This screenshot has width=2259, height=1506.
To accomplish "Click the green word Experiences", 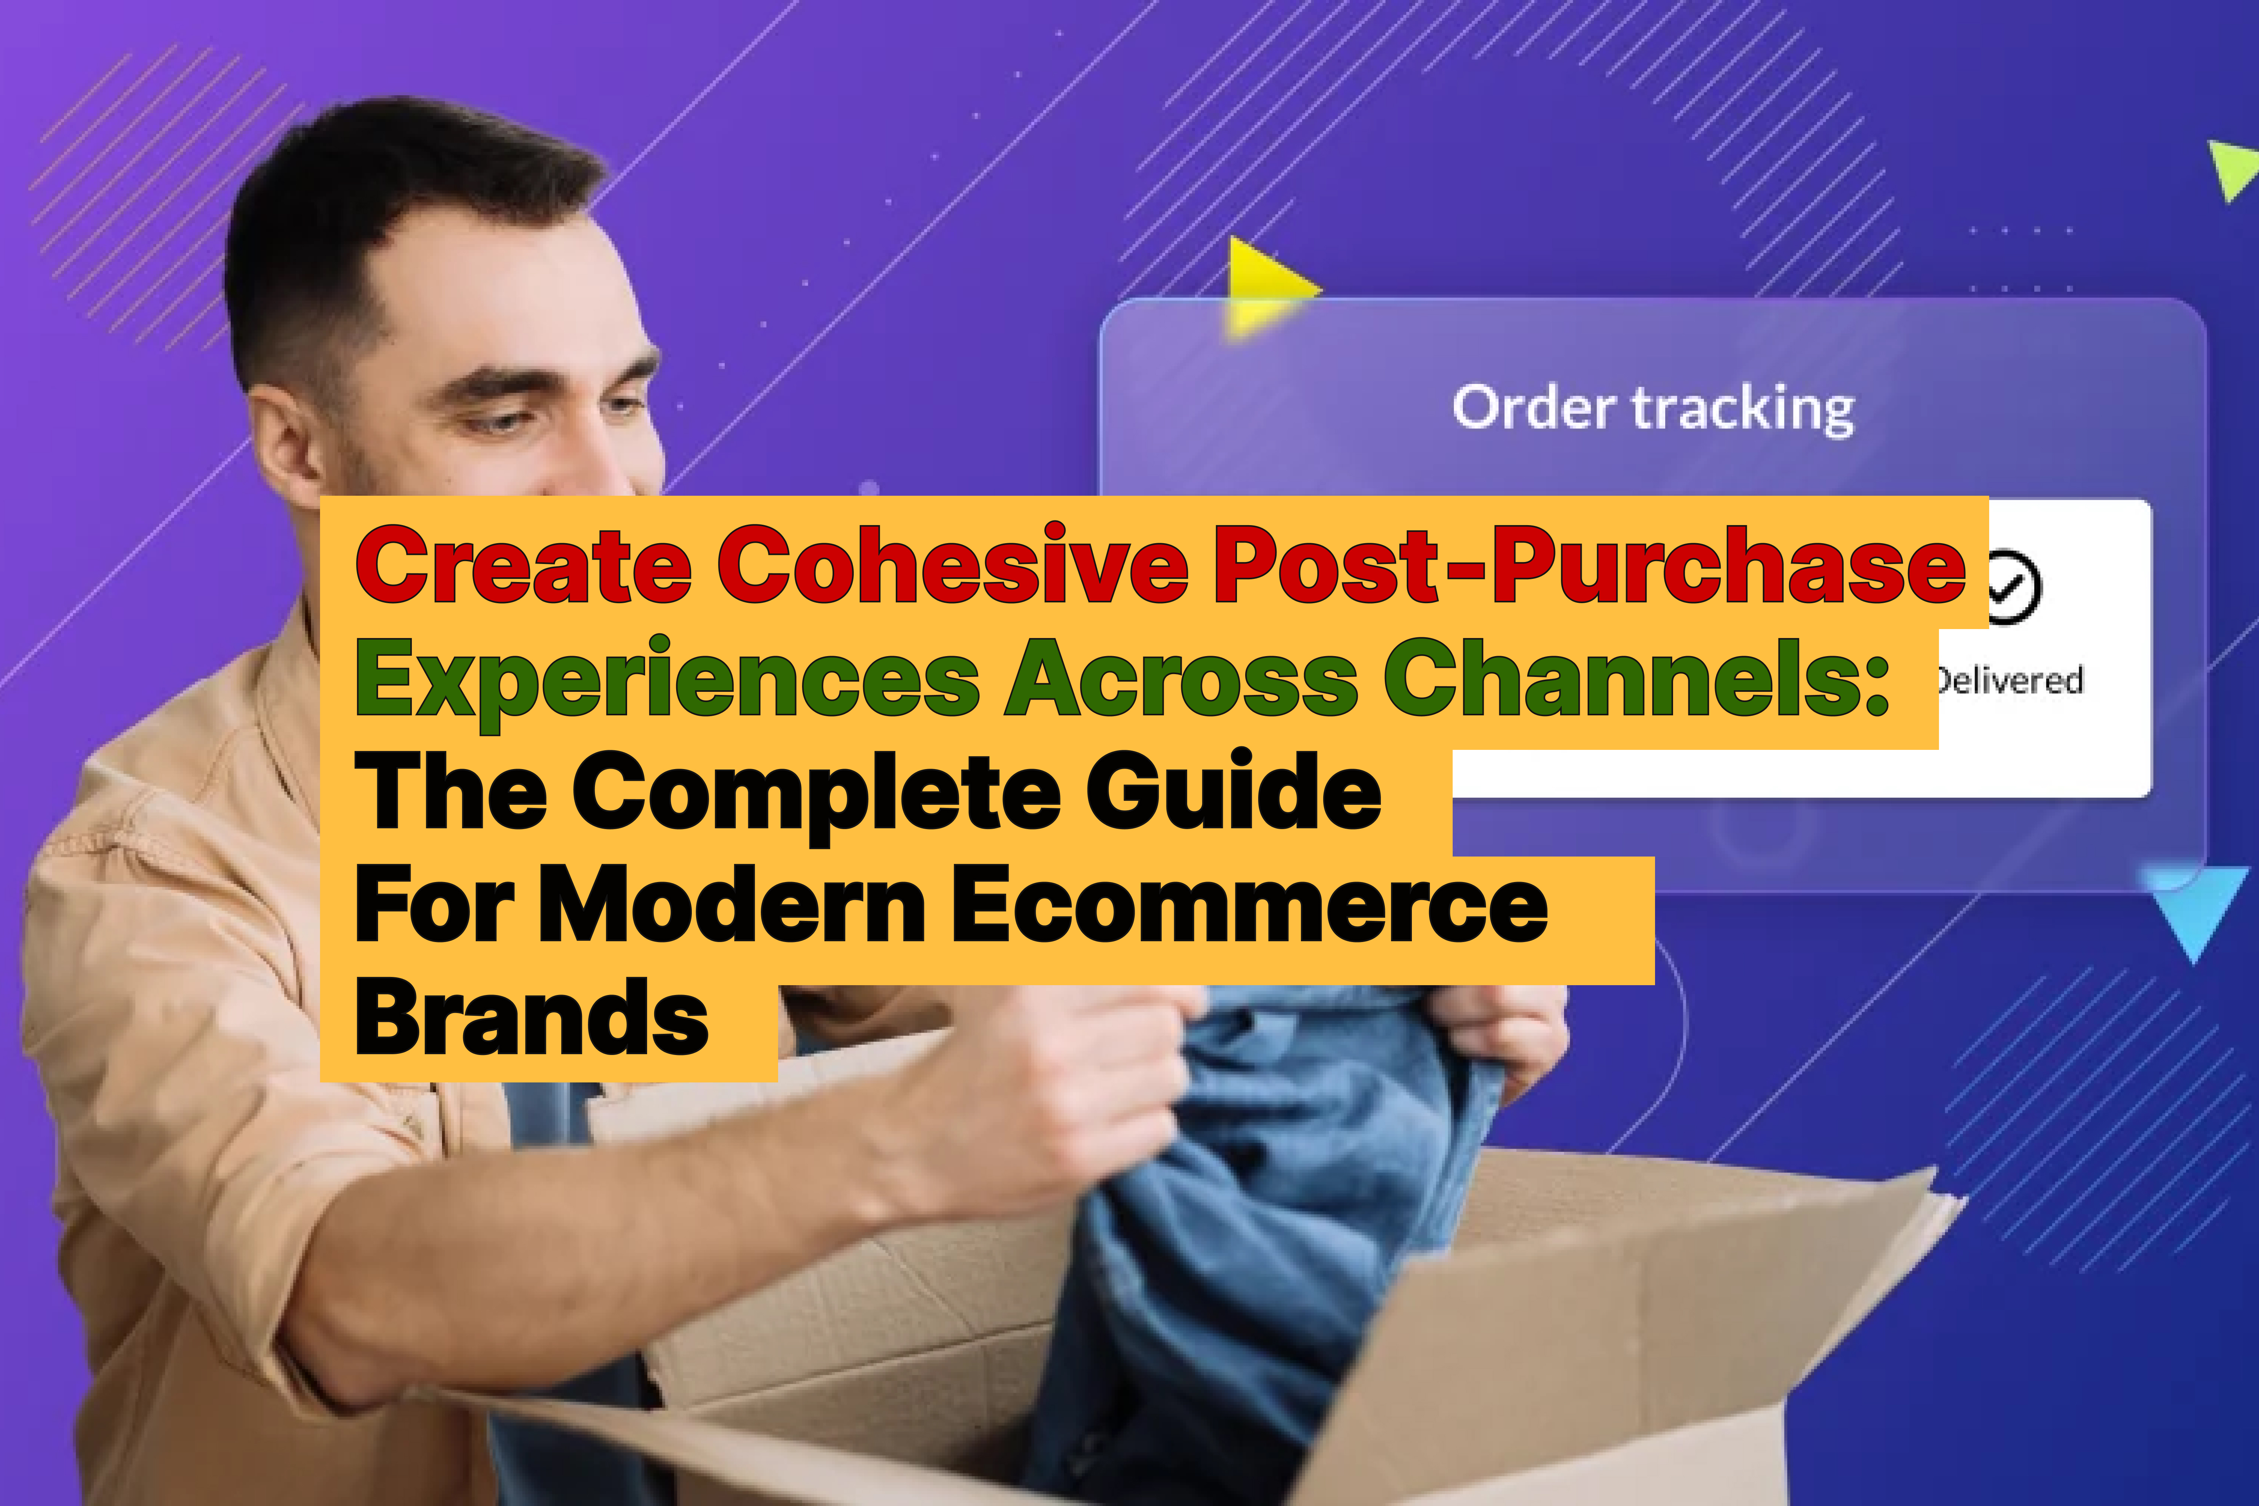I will [668, 680].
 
